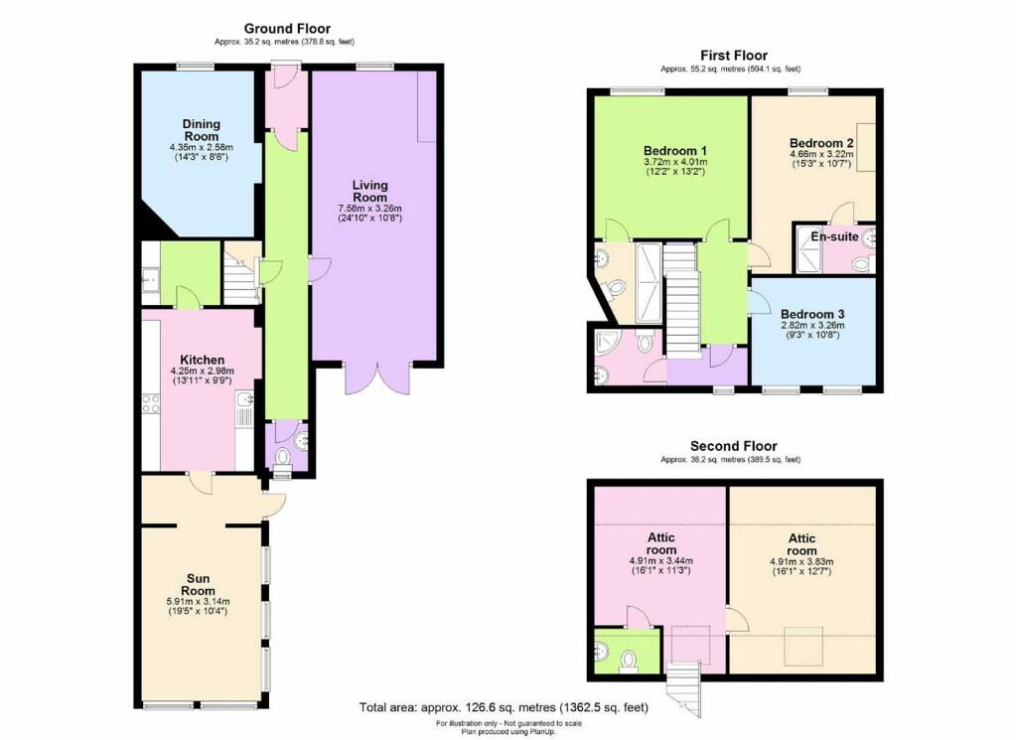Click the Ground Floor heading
point(287,29)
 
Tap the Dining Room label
point(201,130)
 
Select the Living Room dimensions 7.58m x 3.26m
point(369,209)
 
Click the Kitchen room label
point(203,360)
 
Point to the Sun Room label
point(198,585)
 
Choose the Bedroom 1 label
point(675,150)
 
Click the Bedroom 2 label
point(821,143)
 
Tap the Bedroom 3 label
point(812,315)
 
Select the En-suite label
point(834,236)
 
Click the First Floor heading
point(734,56)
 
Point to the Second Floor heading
point(734,446)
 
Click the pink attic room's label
point(660,544)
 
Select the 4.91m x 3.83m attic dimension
point(801,561)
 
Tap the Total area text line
point(504,707)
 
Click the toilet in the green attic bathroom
point(628,663)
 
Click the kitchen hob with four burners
point(151,404)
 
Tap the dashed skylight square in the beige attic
point(802,646)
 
